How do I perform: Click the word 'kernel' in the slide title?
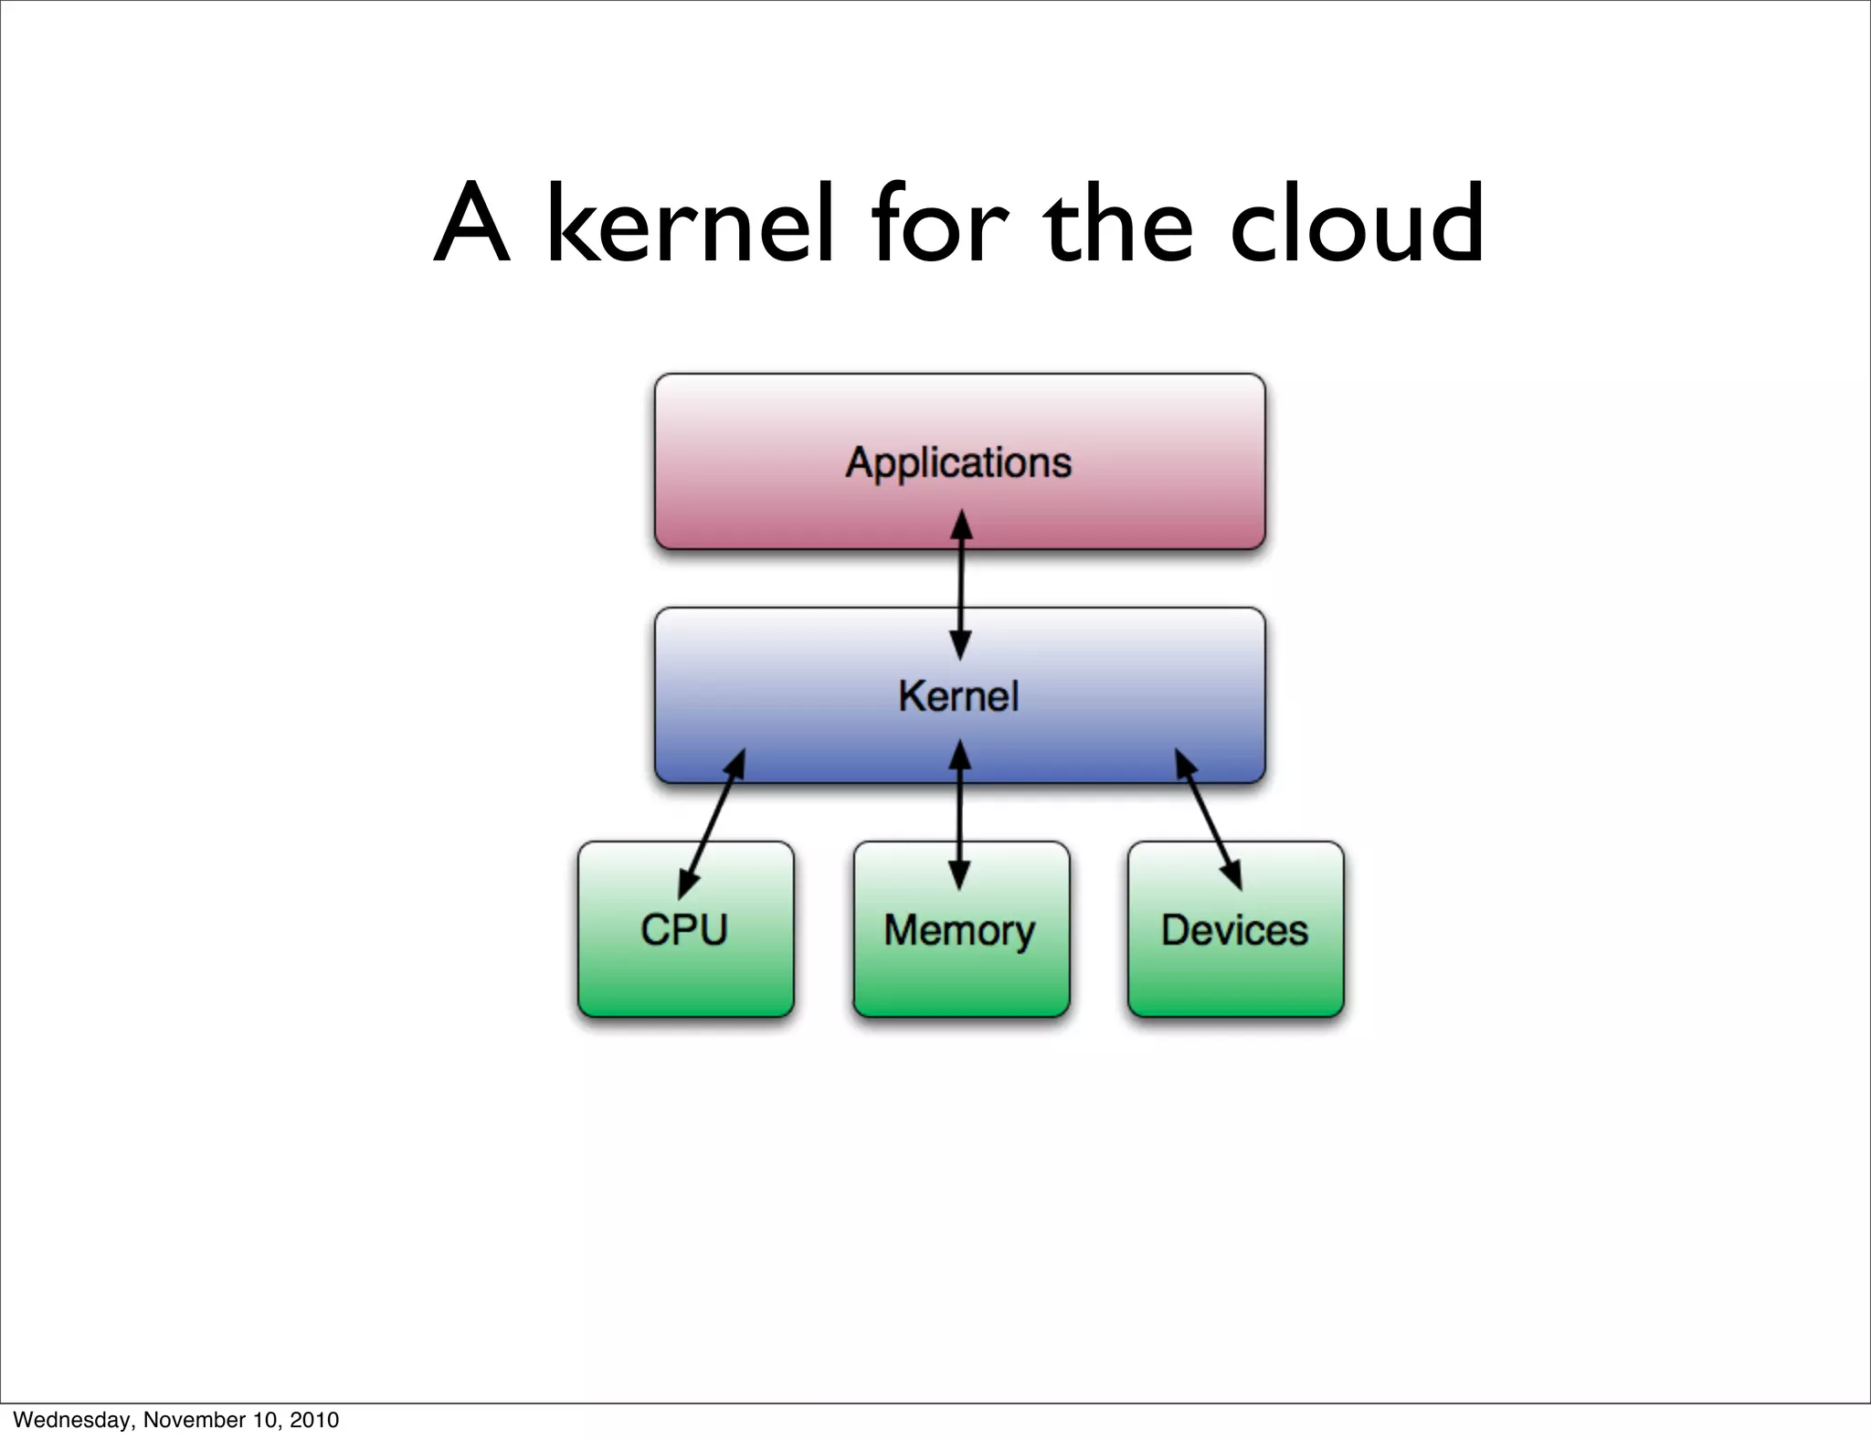click(x=690, y=224)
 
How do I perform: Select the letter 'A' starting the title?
click(x=470, y=224)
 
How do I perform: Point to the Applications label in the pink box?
click(x=958, y=462)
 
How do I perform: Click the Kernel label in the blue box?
click(x=958, y=696)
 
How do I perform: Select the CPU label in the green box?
click(x=684, y=930)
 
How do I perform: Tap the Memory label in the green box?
click(x=959, y=931)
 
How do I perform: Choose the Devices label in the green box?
click(x=1234, y=930)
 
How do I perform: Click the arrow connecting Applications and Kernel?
click(x=960, y=585)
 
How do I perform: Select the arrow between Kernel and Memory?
click(x=959, y=813)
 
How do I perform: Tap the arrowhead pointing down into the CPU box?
click(x=688, y=882)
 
